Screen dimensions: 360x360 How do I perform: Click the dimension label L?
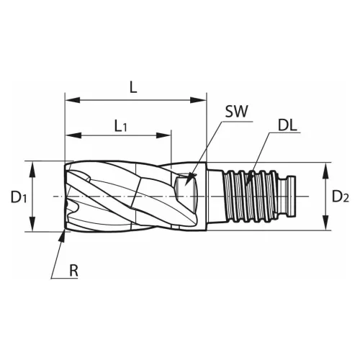(x=133, y=87)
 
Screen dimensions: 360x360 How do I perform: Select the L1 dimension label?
(x=122, y=125)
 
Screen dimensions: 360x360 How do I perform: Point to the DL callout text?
(x=288, y=127)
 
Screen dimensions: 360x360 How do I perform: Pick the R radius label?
(x=74, y=271)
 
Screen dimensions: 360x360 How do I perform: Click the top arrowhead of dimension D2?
(x=326, y=167)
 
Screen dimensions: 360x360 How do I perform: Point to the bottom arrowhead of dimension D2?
(x=326, y=226)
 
